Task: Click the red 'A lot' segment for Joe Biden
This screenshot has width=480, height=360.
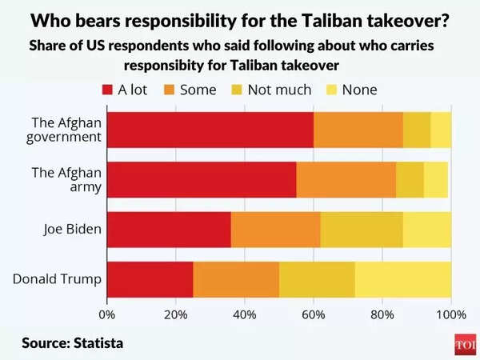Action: [169, 230]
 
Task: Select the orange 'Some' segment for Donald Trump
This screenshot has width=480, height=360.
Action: [236, 279]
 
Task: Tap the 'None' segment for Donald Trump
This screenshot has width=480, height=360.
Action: [402, 279]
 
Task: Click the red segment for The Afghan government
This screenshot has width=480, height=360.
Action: [210, 130]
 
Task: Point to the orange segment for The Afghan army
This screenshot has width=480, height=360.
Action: [346, 180]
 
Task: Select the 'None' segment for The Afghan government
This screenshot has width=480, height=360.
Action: [441, 130]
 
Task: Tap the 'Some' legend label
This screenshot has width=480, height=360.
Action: [198, 90]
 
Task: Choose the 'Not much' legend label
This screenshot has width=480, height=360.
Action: [279, 90]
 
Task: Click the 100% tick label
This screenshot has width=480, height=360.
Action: [450, 314]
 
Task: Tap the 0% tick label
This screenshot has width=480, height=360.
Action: [107, 314]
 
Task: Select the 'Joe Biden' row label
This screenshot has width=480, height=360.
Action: [72, 230]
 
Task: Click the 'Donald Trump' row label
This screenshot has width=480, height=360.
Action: [57, 279]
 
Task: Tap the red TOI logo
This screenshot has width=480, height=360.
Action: [464, 342]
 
